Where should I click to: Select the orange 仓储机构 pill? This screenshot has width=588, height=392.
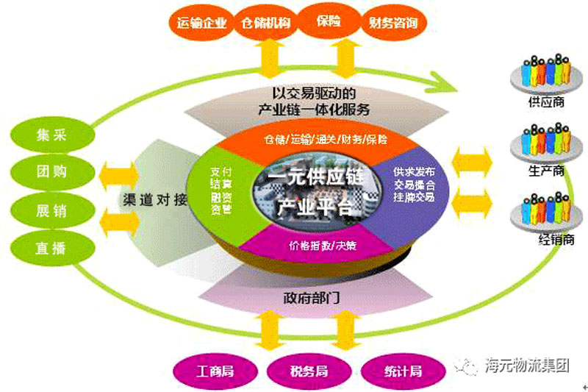[x=265, y=22]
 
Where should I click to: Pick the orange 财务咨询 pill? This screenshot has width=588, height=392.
[x=395, y=22]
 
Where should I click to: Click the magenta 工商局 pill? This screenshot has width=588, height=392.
[x=213, y=370]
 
